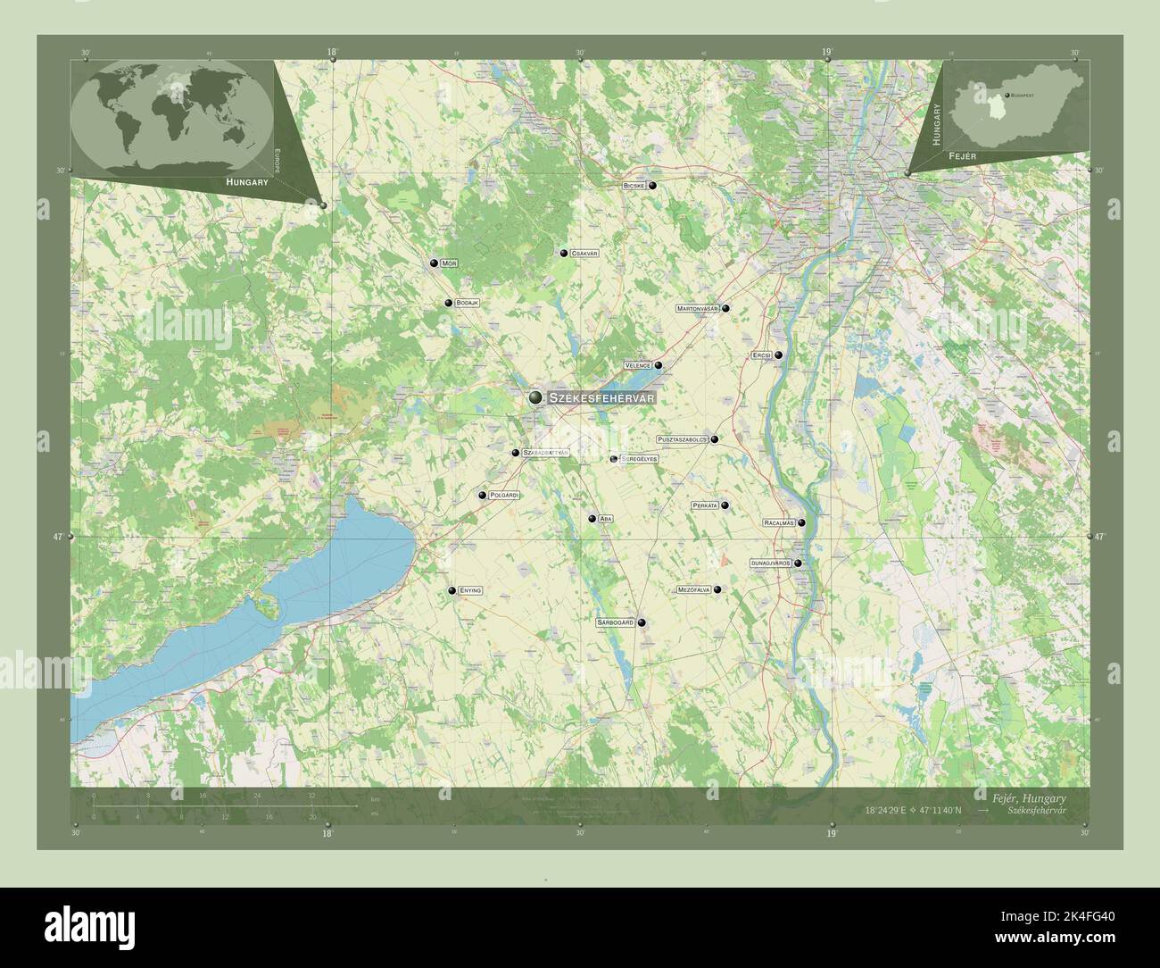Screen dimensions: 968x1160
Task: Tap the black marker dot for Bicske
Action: click(x=652, y=186)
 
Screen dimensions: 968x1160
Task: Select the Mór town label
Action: click(x=449, y=263)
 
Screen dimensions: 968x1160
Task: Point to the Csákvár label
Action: click(x=584, y=254)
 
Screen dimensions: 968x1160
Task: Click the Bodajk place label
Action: click(x=468, y=304)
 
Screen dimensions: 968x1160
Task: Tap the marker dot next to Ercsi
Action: click(x=778, y=355)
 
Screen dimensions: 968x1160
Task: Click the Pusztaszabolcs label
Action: click(x=682, y=439)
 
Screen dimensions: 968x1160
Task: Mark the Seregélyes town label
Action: click(x=640, y=459)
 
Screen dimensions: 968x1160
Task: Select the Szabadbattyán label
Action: click(x=545, y=453)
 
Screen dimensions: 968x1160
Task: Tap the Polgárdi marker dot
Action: click(x=483, y=495)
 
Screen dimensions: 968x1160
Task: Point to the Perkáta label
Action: click(x=705, y=505)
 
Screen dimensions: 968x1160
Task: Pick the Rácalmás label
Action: click(x=778, y=522)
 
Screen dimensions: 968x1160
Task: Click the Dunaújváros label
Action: click(x=771, y=563)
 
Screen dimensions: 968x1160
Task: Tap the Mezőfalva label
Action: click(x=693, y=589)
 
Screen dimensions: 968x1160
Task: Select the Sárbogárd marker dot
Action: click(x=641, y=623)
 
